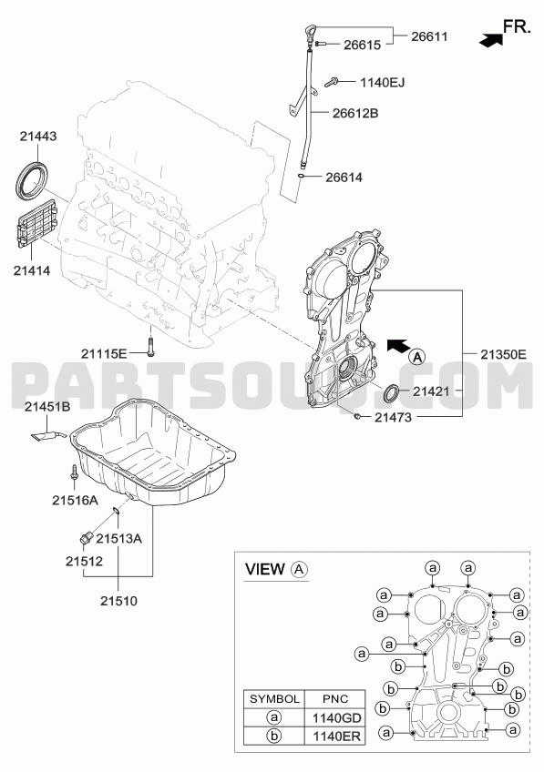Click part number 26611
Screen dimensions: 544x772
429,36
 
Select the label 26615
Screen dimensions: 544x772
362,45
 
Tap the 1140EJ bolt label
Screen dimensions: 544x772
383,82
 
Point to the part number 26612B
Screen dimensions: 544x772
355,113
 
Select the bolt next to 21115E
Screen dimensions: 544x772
149,347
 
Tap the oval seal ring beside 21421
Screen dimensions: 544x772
393,392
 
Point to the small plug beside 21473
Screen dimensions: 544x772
355,417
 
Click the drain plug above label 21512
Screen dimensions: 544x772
86,538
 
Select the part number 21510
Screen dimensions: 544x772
118,601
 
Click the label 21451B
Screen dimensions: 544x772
47,407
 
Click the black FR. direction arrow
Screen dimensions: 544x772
490,41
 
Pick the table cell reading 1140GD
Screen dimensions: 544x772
336,718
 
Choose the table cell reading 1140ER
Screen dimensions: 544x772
336,736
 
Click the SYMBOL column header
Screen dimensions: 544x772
274,699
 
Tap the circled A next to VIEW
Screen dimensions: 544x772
299,570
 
